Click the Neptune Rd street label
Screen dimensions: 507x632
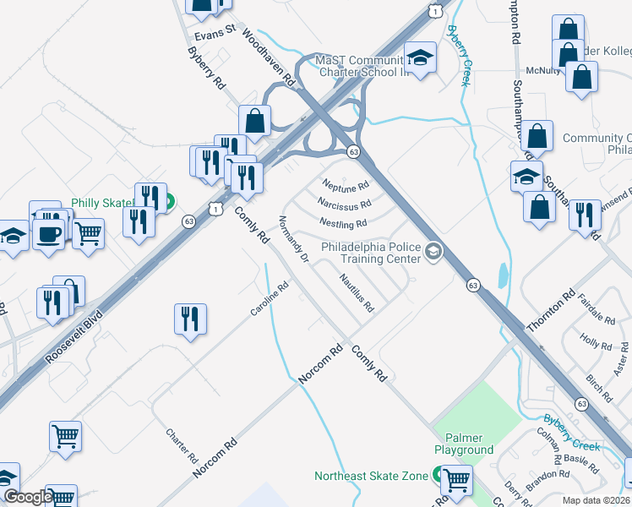click(x=346, y=184)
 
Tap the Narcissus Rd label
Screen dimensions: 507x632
click(x=345, y=204)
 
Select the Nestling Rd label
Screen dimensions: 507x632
click(x=343, y=223)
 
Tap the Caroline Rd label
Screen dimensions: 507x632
click(x=270, y=299)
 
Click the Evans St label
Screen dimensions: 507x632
click(x=214, y=34)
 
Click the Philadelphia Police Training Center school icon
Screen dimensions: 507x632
click(x=433, y=251)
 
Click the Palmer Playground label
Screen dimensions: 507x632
click(x=464, y=444)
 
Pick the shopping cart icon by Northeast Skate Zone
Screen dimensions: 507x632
click(x=456, y=480)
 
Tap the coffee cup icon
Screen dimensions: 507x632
click(x=50, y=232)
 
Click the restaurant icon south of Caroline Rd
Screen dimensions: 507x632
click(x=189, y=319)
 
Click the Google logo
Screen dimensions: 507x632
click(x=27, y=497)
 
